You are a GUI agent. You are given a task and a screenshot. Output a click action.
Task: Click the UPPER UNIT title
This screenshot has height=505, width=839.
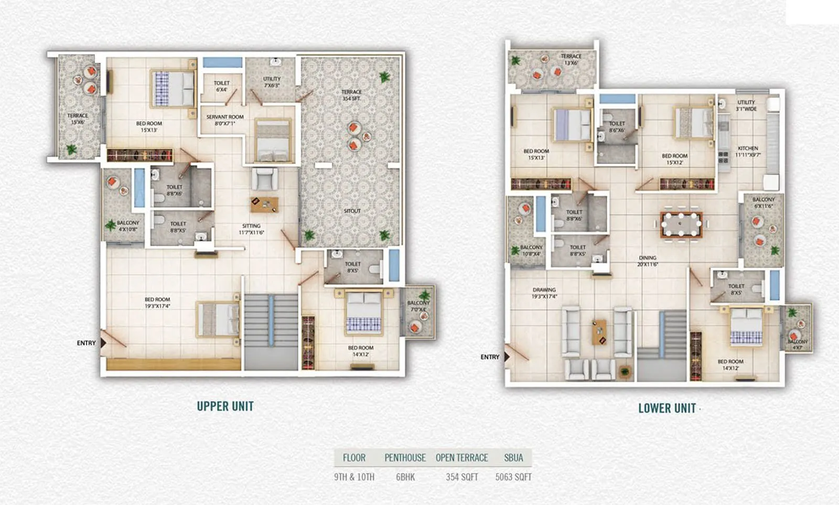point(225,406)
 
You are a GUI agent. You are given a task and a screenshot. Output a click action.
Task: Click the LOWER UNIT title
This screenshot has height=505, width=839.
point(667,409)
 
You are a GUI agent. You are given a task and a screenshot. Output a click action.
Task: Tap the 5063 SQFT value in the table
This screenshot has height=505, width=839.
point(513,477)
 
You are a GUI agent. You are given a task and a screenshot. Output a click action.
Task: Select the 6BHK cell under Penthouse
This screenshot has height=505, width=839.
point(405,477)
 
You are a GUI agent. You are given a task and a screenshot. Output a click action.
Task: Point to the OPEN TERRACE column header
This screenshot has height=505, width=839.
point(461,458)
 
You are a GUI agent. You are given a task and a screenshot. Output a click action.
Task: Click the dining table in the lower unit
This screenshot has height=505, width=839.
point(681,224)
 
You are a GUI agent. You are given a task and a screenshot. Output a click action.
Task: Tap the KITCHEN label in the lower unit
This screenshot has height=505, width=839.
point(748,152)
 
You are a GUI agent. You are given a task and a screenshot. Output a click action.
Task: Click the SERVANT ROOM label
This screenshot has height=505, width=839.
point(225,120)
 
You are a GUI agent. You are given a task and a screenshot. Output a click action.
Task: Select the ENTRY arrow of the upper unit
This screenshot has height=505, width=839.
point(103,343)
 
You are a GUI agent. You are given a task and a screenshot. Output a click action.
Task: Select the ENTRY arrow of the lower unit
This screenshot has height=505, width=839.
point(507,357)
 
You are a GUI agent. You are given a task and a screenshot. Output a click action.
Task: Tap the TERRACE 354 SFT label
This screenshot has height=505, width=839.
point(352,95)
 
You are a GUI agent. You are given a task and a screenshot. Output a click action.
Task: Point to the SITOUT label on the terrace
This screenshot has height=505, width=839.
point(352,211)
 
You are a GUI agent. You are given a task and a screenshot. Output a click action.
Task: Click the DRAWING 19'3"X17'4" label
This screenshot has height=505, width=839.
point(544,293)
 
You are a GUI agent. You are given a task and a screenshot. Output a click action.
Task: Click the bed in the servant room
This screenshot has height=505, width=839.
point(272,141)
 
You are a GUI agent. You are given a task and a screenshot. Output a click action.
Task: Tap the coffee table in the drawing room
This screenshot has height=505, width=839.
point(599,332)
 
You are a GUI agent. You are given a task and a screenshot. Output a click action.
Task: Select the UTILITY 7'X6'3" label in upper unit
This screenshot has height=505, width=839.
point(272,82)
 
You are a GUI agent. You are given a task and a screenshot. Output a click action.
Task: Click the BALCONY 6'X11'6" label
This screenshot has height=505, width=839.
point(763,202)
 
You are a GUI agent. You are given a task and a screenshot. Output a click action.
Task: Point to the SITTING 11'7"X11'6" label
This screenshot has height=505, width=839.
point(251,229)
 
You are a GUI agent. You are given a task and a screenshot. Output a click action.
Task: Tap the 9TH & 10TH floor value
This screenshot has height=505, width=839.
point(354,477)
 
